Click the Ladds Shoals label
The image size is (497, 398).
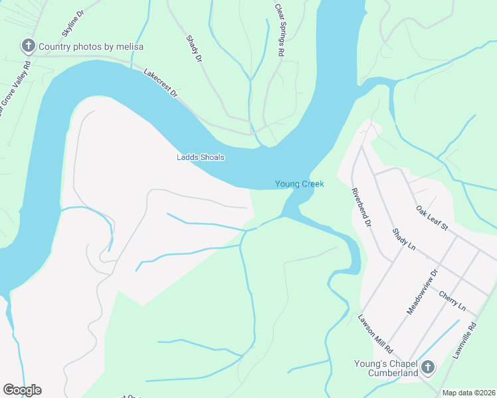point(200,157)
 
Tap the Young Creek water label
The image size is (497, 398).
point(300,184)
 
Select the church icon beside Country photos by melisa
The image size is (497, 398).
point(29,46)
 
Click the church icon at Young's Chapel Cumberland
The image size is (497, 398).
point(428,367)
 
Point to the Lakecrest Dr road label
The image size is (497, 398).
point(161,82)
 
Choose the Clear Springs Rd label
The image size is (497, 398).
point(279,29)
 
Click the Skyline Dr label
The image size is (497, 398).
point(73,23)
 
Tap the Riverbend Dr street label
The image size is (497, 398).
point(360,208)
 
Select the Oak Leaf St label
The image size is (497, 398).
point(432,218)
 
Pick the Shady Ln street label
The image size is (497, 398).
point(403,239)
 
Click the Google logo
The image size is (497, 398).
point(22,390)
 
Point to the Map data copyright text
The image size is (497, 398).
point(468,393)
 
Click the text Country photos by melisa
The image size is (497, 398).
point(91,46)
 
